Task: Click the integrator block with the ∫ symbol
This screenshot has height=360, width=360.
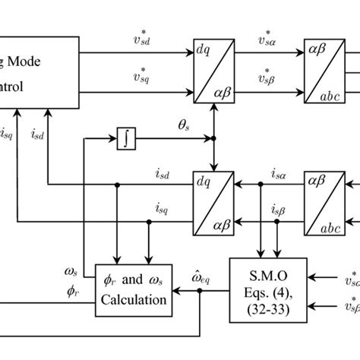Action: [125, 139]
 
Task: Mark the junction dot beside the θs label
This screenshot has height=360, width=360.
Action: [213, 140]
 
